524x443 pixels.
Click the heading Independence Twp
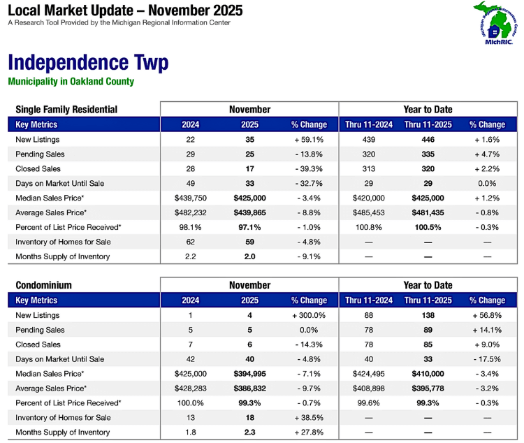coord(87,63)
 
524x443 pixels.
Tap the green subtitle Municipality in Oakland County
coord(71,82)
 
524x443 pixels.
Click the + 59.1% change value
coord(309,140)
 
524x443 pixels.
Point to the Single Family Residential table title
coord(67,110)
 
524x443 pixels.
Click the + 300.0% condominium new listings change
coord(309,315)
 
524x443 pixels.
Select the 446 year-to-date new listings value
coord(428,140)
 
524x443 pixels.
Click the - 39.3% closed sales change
coord(309,169)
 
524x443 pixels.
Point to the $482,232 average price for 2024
coord(190,212)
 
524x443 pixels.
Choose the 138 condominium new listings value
coord(428,315)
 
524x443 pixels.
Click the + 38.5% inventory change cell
coord(309,418)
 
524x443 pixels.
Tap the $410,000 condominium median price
coord(428,374)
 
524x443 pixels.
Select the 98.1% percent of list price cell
coord(190,227)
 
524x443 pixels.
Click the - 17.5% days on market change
coord(487,359)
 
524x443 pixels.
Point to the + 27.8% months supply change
coord(309,433)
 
